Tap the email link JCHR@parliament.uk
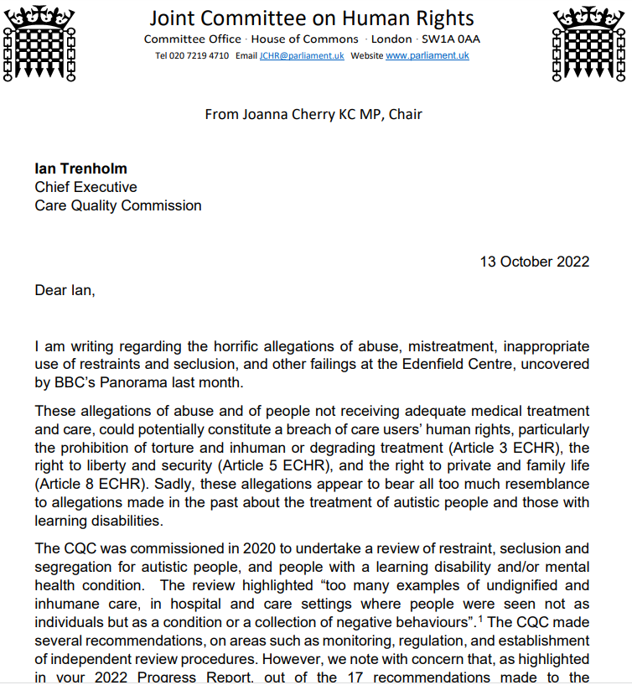(302, 56)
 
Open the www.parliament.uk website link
(427, 56)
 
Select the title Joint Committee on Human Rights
(312, 18)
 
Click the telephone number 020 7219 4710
(201, 56)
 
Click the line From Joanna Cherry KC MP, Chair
(313, 113)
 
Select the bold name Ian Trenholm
(80, 169)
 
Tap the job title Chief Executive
(85, 187)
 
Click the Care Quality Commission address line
(117, 205)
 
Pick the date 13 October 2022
(534, 261)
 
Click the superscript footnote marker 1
(480, 618)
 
